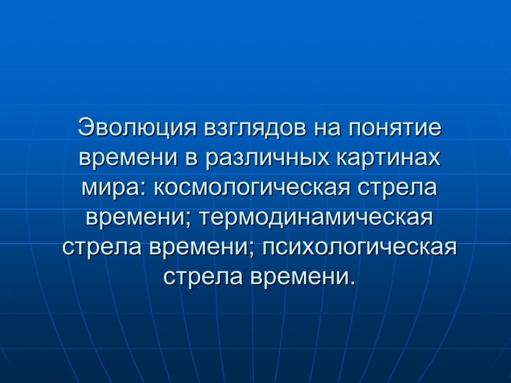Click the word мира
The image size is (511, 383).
coord(106,188)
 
